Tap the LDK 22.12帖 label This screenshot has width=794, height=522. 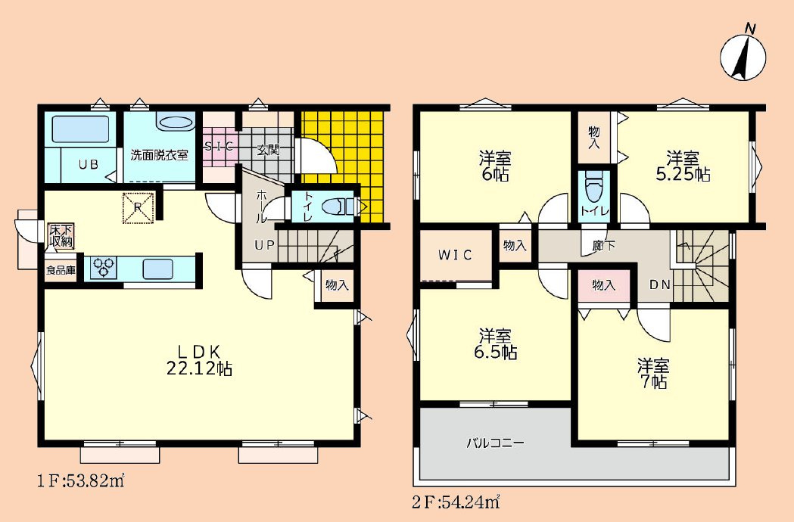click(x=199, y=360)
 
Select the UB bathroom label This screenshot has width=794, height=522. click(x=88, y=165)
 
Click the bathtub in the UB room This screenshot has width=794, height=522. click(x=80, y=129)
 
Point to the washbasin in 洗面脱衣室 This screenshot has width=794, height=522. click(x=175, y=123)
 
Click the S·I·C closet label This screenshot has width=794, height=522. click(x=219, y=147)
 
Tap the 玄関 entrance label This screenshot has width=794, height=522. click(x=268, y=151)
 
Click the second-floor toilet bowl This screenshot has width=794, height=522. click(x=594, y=187)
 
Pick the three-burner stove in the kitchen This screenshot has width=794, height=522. click(x=103, y=267)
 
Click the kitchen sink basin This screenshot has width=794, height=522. click(x=158, y=269)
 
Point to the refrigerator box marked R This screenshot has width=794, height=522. click(x=139, y=207)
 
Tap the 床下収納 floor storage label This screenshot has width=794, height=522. click(x=61, y=236)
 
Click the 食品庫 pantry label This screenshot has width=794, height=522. click(x=61, y=270)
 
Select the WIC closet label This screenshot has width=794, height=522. click(x=455, y=255)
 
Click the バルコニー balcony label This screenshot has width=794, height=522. click(x=495, y=443)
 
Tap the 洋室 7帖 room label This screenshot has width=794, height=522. click(x=653, y=373)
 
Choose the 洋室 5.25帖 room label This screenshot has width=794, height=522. click(x=683, y=166)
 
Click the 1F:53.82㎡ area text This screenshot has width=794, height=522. click(x=81, y=480)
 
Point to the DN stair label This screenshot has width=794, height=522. click(x=660, y=285)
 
